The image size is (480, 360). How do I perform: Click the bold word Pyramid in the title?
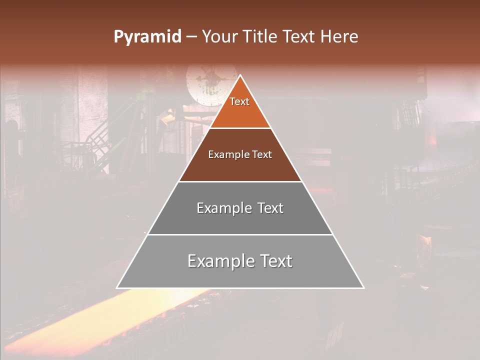click(x=147, y=37)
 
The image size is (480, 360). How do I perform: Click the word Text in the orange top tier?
click(x=239, y=101)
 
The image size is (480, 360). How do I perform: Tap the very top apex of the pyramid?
click(x=240, y=75)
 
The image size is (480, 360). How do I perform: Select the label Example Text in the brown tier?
click(x=240, y=154)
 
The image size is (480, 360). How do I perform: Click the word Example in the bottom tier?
click(x=218, y=261)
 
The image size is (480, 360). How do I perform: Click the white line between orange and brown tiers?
click(x=240, y=128)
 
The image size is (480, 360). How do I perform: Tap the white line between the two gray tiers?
click(x=240, y=234)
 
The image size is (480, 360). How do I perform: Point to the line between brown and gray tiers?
click(x=240, y=181)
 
